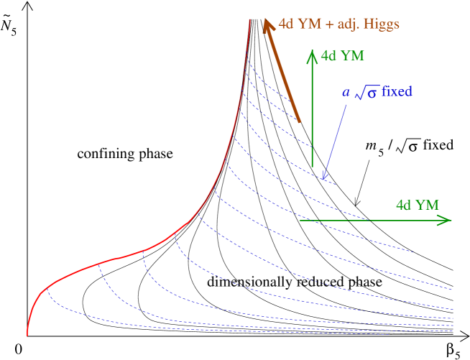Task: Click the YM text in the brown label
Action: click(310, 24)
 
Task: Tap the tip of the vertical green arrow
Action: click(312, 50)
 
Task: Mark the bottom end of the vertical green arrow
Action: click(312, 167)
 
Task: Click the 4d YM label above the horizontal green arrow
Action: click(417, 205)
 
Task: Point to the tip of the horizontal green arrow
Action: click(452, 221)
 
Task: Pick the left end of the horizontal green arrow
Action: click(299, 221)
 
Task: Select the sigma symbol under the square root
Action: click(372, 94)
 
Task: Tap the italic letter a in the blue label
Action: click(344, 93)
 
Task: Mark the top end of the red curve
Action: click(249, 19)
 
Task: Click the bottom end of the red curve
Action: click(27, 335)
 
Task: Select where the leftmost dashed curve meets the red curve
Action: click(47, 288)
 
